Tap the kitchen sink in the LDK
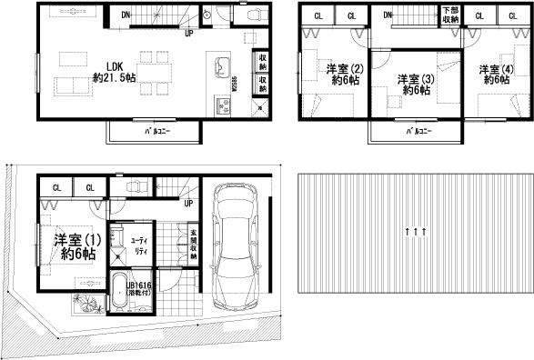pos(222,65)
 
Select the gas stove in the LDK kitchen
pos(222,106)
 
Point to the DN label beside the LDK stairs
pos(126,15)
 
